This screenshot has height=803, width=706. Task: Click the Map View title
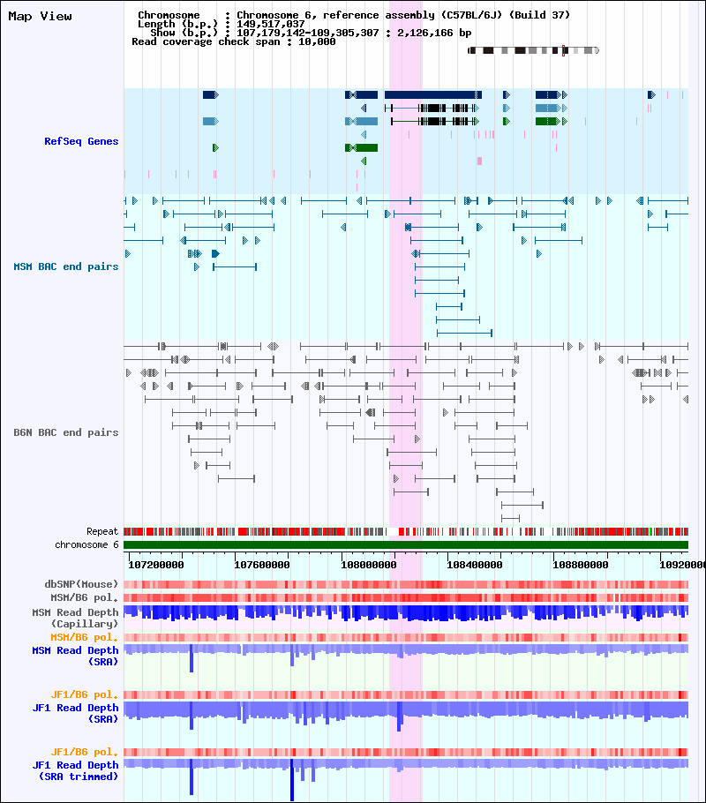40,17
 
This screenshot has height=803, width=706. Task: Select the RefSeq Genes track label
81,141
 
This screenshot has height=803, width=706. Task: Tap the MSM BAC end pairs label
65,266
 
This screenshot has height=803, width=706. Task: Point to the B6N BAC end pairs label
65,432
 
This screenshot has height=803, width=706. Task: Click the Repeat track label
102,531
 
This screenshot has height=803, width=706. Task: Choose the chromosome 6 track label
86,545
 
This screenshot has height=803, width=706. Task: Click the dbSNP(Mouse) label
81,584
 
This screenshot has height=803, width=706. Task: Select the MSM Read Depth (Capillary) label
75,618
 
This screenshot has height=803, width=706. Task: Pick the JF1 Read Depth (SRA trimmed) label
75,770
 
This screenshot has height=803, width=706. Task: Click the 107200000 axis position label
155,565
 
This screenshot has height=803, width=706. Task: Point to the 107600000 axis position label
262,565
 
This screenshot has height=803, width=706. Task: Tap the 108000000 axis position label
368,565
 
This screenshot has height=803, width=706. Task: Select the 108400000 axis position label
475,565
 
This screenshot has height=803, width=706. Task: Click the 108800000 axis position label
581,565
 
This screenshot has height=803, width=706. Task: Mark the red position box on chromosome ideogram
563,50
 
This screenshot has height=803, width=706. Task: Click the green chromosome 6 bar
406,545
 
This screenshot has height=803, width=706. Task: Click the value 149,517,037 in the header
271,24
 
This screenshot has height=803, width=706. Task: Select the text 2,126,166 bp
434,33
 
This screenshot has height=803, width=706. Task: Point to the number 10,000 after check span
317,42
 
